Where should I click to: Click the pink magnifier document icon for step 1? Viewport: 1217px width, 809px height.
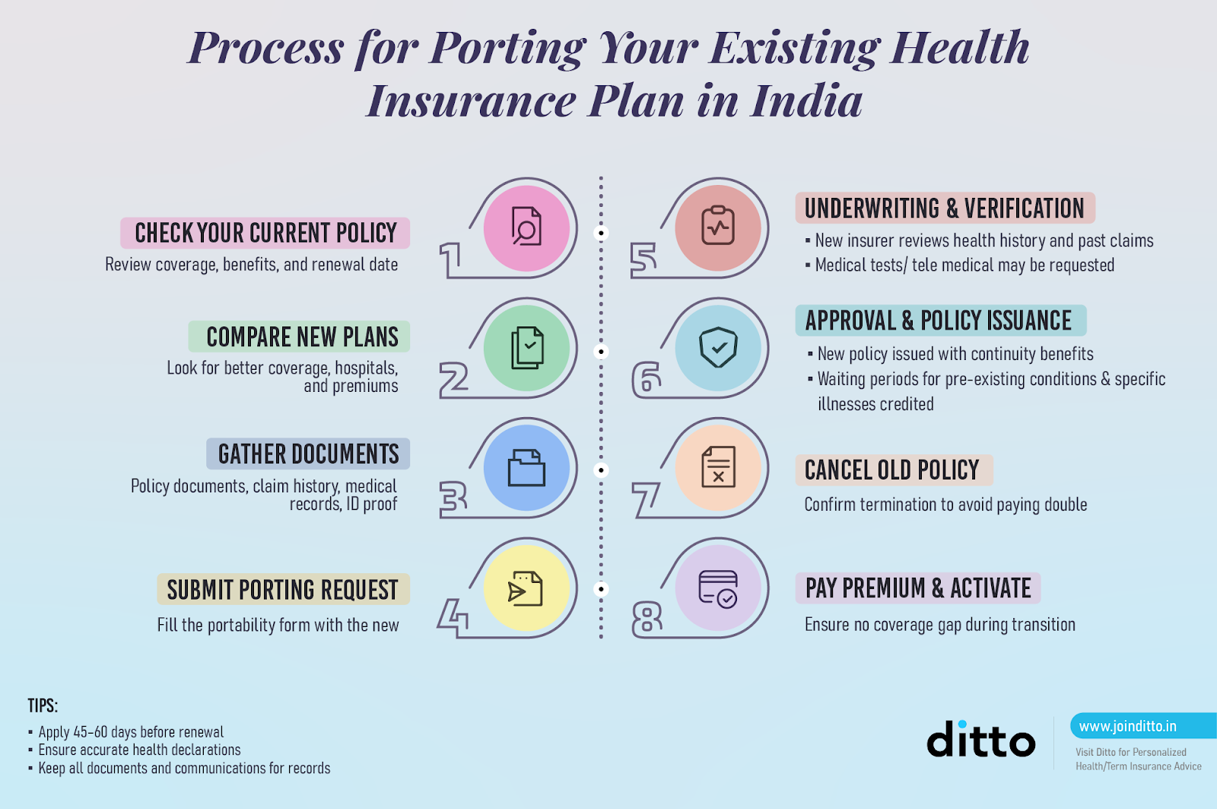click(x=526, y=228)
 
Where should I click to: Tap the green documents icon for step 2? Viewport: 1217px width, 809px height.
click(x=526, y=348)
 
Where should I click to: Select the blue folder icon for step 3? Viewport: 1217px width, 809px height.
click(x=526, y=467)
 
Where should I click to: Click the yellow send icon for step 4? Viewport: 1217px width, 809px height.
click(x=526, y=588)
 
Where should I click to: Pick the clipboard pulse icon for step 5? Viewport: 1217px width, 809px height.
click(x=717, y=227)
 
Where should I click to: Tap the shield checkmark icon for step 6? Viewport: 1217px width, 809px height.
click(x=717, y=348)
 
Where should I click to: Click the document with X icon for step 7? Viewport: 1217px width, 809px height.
click(x=717, y=467)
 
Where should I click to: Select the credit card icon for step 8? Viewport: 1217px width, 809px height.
click(x=717, y=588)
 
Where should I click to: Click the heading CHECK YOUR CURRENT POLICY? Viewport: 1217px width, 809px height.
click(x=265, y=233)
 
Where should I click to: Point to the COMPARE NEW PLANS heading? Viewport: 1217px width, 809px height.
click(x=302, y=336)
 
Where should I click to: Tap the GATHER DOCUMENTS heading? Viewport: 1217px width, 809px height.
click(x=308, y=454)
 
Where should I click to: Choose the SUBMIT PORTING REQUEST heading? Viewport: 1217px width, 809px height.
click(x=282, y=590)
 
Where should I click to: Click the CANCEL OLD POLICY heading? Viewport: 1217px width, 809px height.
click(x=891, y=470)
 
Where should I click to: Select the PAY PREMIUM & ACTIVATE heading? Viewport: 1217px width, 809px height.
click(x=917, y=588)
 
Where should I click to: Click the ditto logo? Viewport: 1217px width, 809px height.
click(x=980, y=740)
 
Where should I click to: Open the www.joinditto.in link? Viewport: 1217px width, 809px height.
click(x=1127, y=727)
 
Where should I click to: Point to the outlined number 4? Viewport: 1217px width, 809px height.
click(x=453, y=617)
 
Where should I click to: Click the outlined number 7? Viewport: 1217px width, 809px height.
click(x=645, y=499)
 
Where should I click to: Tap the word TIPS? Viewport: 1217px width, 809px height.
click(x=43, y=705)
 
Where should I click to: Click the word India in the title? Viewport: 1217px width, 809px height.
click(x=806, y=101)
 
